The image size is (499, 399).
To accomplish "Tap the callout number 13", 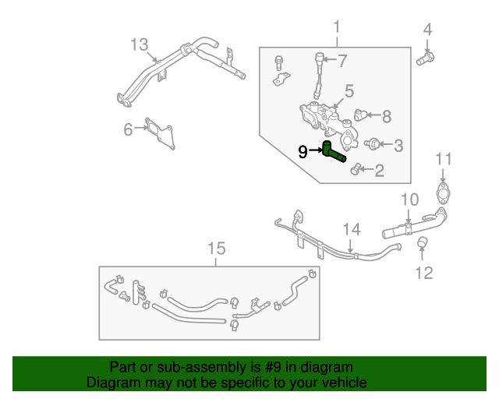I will [x=139, y=44].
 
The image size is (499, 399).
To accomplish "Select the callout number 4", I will [x=427, y=30].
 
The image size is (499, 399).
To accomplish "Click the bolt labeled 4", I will [x=426, y=57].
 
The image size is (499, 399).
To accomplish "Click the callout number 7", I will [x=342, y=60].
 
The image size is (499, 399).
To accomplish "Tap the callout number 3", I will [x=398, y=144].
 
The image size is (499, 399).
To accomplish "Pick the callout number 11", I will [x=443, y=160].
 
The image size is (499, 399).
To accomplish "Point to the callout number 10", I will [x=410, y=200].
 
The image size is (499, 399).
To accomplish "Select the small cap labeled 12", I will [x=421, y=246].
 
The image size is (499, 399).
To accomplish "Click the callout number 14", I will [x=352, y=229].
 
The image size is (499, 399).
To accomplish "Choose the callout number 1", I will [x=337, y=29].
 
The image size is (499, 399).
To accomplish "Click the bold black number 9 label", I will [x=303, y=151].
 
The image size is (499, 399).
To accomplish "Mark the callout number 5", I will [x=349, y=91].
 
